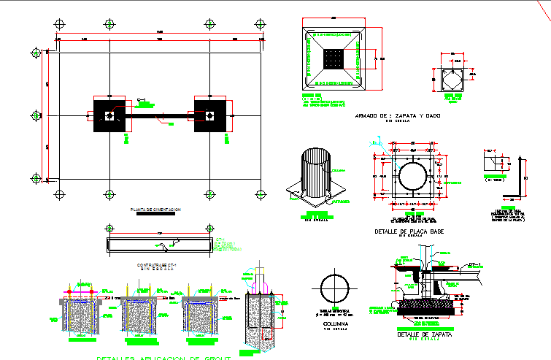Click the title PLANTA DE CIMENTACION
click(x=155, y=210)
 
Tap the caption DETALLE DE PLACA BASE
click(x=409, y=231)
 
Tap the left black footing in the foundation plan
click(x=109, y=115)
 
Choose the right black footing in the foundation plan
click(x=209, y=115)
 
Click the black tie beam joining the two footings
click(x=159, y=115)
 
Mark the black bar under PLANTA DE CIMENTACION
click(x=155, y=215)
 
